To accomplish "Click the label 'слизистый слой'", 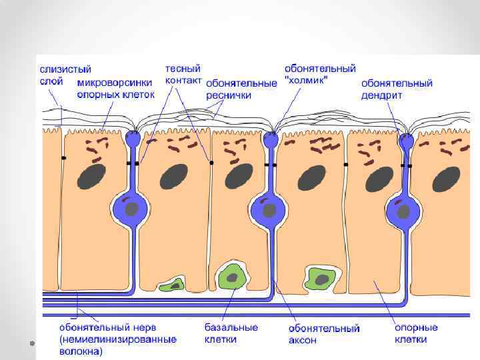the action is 65,75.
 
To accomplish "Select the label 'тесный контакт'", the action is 183,74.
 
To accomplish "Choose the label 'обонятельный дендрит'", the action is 397,89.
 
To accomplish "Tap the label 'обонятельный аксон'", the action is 324,334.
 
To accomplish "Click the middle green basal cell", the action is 232,275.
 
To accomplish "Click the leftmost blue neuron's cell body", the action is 133,207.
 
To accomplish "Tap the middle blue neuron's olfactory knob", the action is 270,141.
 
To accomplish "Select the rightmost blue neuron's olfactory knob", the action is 406,141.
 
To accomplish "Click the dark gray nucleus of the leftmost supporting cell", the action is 91,177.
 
